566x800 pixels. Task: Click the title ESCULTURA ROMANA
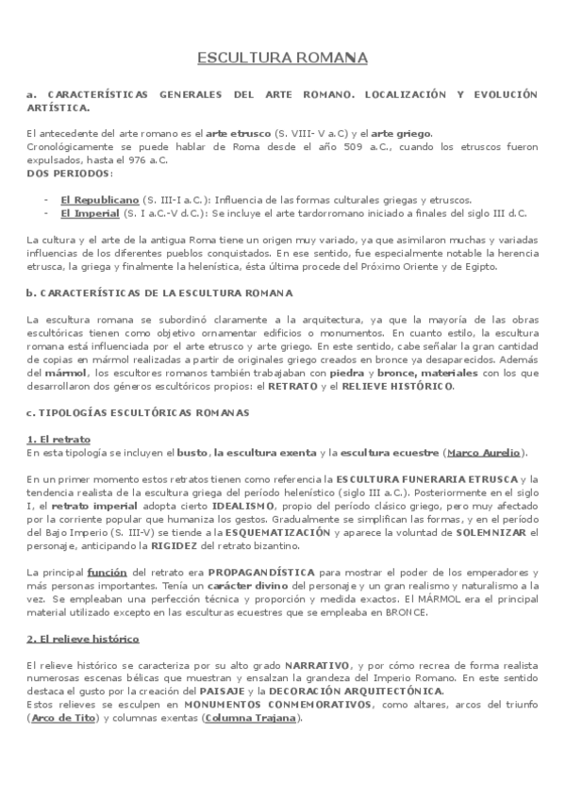[282, 59]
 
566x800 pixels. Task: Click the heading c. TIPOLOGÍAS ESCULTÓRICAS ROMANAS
[138, 412]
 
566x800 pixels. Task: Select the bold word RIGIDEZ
[193, 546]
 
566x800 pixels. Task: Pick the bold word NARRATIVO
[317, 665]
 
